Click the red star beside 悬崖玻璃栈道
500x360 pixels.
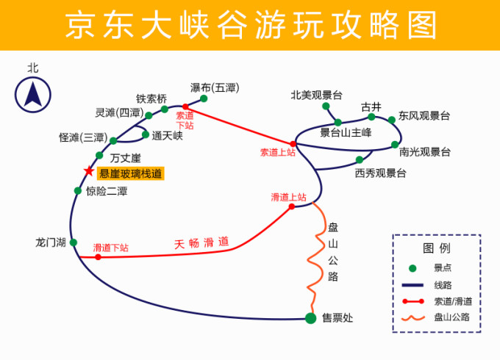[89, 171]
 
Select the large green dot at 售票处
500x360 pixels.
[310, 317]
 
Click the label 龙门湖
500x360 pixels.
[51, 242]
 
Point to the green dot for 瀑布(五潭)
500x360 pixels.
[204, 98]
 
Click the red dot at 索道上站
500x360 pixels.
[293, 143]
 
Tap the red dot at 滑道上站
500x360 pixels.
[292, 206]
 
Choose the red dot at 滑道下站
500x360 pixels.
[98, 257]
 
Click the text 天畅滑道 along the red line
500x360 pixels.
[201, 242]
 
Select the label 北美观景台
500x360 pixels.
[316, 95]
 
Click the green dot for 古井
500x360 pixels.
[371, 117]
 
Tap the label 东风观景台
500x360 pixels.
[424, 116]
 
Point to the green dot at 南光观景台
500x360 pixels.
[395, 144]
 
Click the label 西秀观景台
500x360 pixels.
[380, 173]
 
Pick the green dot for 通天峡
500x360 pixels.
[146, 134]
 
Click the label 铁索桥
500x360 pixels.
[151, 99]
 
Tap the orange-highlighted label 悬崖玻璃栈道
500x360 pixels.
[131, 174]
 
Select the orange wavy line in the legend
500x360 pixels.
[413, 317]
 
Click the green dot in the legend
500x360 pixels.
[413, 268]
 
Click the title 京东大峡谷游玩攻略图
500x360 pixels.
[250, 26]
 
